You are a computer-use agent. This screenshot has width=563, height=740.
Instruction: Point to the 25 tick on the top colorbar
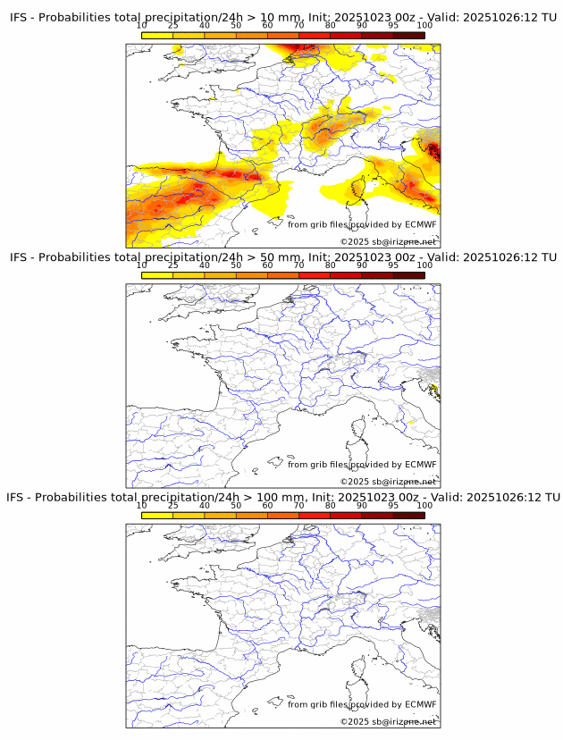173,35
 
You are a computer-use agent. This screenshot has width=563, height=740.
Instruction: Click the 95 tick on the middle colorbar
393,274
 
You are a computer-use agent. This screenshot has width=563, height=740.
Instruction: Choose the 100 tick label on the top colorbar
424,26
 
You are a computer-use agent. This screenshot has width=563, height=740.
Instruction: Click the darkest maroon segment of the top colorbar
408,35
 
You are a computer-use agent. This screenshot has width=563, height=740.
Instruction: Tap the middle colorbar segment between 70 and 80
315,274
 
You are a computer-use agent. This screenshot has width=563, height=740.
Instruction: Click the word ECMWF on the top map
420,225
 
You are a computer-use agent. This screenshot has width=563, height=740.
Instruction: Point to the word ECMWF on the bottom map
420,704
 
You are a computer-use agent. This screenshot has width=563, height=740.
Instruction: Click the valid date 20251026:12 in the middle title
504,257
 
